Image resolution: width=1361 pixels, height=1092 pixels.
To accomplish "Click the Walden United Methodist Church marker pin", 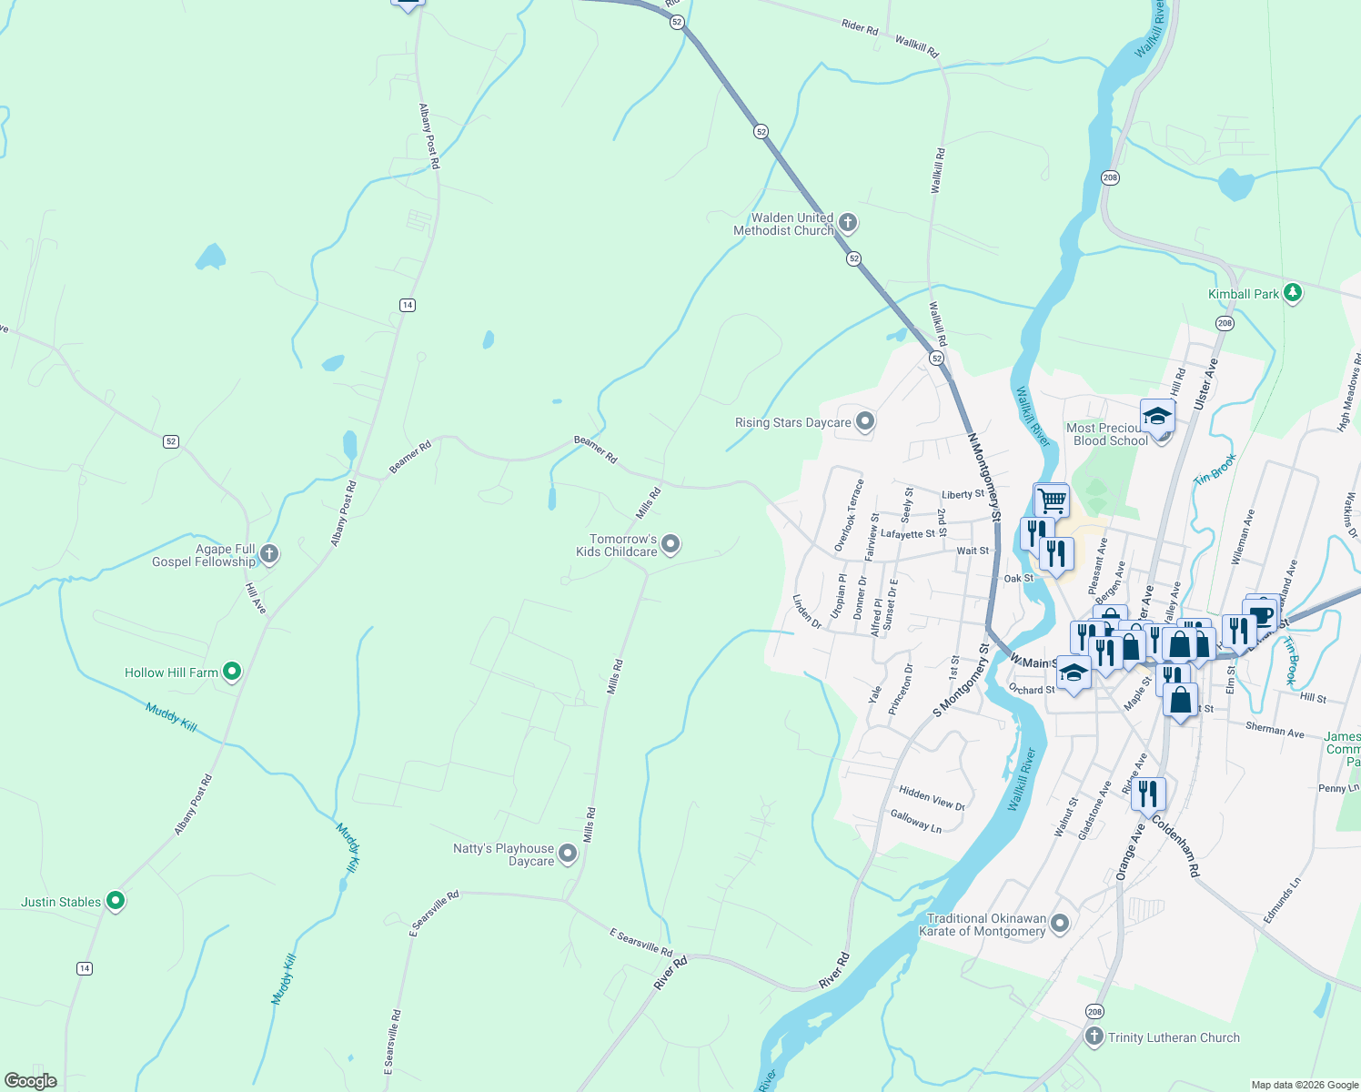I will (x=848, y=222).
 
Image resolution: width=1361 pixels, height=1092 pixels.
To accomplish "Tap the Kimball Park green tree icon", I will (x=1293, y=293).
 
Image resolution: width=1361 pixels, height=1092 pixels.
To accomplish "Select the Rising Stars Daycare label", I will (x=792, y=422).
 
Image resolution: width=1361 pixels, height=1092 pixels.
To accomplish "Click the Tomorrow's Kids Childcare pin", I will (x=670, y=544).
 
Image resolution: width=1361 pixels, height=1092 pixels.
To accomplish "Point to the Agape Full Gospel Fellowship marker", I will (x=268, y=553).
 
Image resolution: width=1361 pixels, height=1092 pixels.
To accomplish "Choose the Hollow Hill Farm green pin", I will (x=232, y=672).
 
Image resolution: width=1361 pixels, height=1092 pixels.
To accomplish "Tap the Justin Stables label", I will (x=61, y=902).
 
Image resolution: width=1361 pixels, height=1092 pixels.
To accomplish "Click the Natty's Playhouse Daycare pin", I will (x=568, y=854).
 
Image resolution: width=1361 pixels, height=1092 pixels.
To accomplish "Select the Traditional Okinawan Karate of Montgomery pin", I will (x=1060, y=924).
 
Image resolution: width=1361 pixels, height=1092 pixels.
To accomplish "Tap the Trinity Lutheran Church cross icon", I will (x=1094, y=1036).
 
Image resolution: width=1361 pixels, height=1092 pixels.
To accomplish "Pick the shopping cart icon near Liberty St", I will (x=1051, y=500).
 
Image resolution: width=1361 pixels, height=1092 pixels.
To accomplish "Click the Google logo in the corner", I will (x=30, y=1081).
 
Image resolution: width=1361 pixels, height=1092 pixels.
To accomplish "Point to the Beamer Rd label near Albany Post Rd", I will (x=410, y=458).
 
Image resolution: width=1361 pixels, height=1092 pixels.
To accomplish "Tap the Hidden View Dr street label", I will (x=932, y=798).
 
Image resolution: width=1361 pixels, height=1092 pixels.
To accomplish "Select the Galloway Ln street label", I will (x=915, y=821).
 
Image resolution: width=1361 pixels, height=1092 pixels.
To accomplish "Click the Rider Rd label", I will (x=860, y=27).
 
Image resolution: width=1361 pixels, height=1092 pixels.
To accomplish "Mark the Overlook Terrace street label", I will (x=850, y=515).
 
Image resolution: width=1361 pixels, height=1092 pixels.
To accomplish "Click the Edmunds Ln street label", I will (x=1282, y=900).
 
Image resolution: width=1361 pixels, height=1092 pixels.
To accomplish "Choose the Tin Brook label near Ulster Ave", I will (x=1215, y=469).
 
